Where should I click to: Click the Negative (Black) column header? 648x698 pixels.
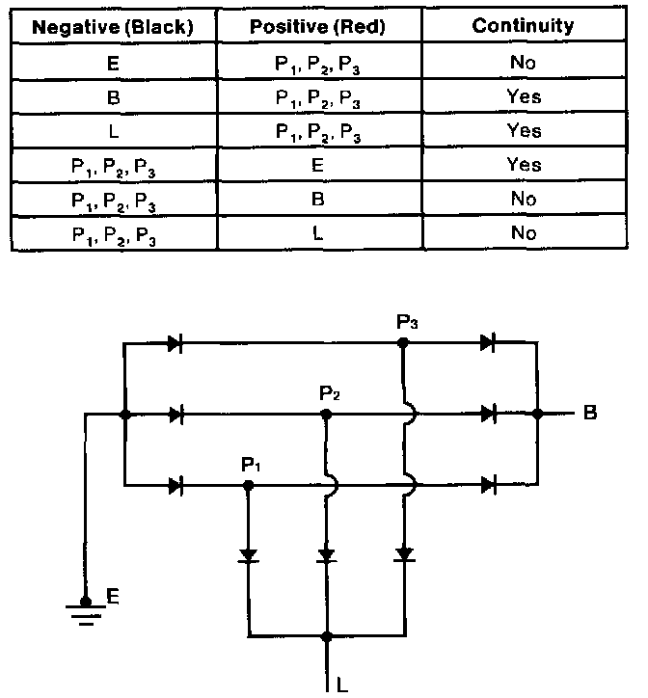(x=112, y=27)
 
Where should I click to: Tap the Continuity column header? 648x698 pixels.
(x=522, y=27)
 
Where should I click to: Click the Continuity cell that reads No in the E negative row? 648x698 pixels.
(x=522, y=63)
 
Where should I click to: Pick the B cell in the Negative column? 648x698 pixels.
(x=112, y=96)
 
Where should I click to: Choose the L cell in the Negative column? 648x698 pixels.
(x=112, y=130)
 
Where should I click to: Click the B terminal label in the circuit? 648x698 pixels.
(x=589, y=415)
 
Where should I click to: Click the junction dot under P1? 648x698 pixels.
(x=248, y=484)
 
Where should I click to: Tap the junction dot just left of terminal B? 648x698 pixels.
(x=538, y=414)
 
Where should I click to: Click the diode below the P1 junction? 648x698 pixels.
(x=248, y=555)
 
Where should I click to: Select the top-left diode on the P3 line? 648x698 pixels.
(x=175, y=342)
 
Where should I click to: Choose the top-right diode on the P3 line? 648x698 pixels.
(x=488, y=342)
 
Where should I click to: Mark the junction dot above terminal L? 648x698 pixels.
(x=326, y=636)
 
